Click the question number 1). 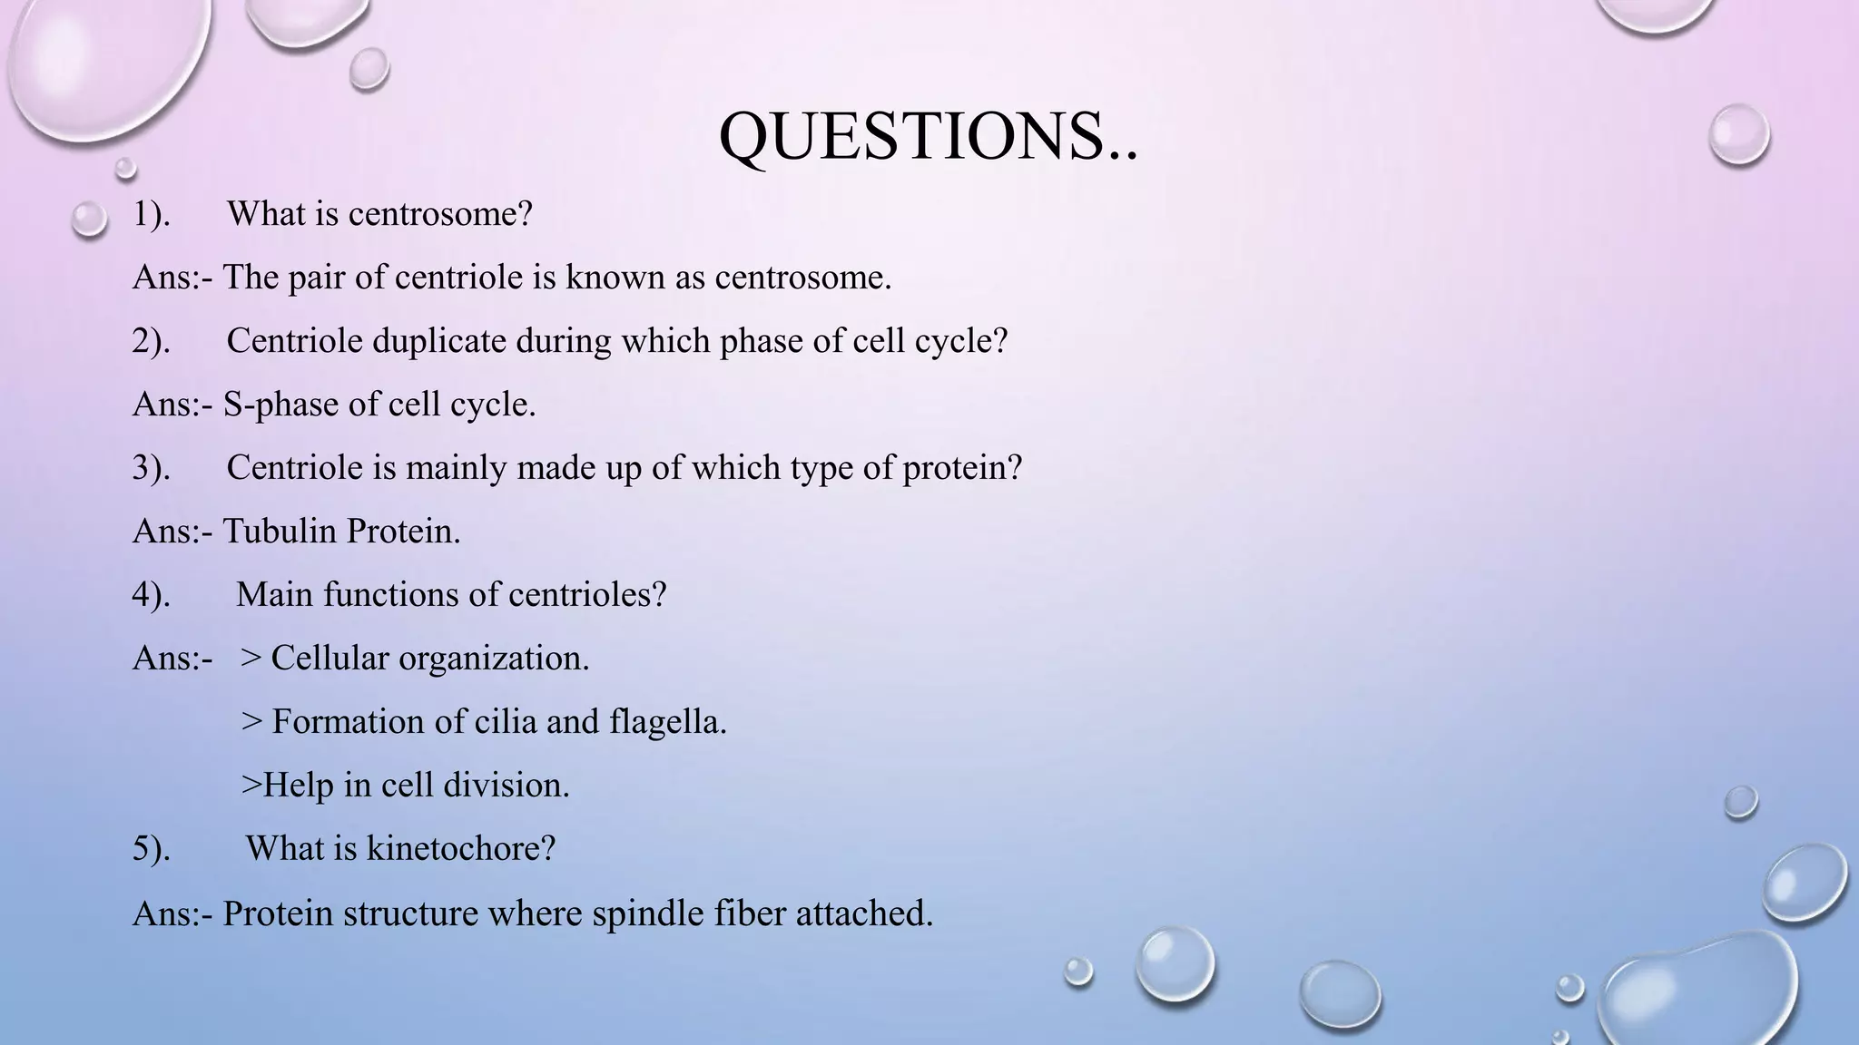[x=151, y=214]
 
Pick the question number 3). [x=151, y=468]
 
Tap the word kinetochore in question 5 [x=460, y=849]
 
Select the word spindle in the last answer [x=648, y=913]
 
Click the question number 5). [x=151, y=849]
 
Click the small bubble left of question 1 [x=89, y=219]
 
